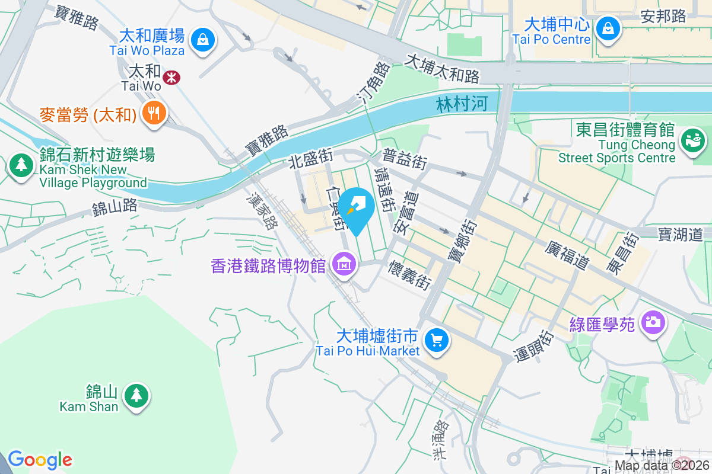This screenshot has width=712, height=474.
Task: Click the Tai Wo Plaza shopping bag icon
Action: [x=203, y=40]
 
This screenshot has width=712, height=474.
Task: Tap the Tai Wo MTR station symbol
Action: [x=171, y=77]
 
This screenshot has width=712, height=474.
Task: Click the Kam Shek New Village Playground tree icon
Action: [x=21, y=165]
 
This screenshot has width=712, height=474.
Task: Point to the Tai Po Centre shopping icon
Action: [x=608, y=27]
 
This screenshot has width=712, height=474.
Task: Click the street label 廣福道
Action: [x=566, y=255]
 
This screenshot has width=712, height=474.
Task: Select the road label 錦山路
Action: [x=115, y=207]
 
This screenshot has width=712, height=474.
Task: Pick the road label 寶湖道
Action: [x=680, y=234]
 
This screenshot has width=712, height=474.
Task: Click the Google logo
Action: [x=40, y=460]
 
